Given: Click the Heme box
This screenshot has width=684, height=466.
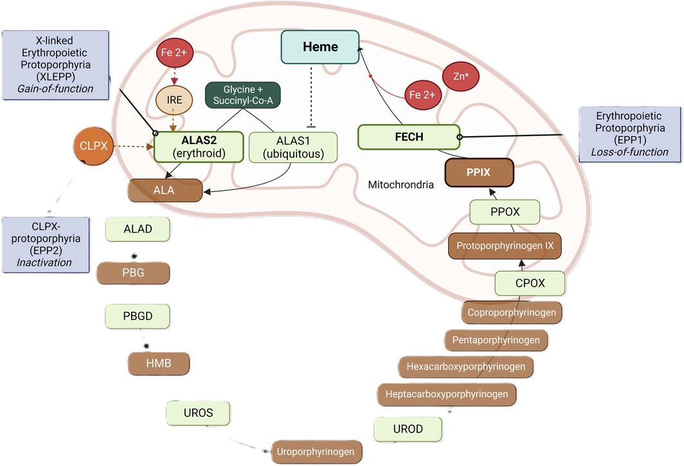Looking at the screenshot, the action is click(x=320, y=47).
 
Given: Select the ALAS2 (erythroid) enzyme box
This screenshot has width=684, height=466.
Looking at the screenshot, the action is click(x=199, y=147).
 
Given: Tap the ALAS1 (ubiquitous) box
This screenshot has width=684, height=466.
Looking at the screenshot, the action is click(x=293, y=147).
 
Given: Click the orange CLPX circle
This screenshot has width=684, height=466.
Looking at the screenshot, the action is click(x=93, y=146).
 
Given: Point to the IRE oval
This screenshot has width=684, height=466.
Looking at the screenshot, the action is click(x=174, y=100).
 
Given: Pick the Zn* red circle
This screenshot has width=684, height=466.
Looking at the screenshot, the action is click(x=461, y=76).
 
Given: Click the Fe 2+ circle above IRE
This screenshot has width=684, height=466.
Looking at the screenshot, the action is click(x=174, y=52).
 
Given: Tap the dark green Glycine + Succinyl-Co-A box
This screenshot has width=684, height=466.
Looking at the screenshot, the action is click(x=243, y=95).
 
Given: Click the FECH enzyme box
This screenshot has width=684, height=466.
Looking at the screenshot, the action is click(x=409, y=137).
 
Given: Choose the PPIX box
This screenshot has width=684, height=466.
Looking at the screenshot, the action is click(x=479, y=172).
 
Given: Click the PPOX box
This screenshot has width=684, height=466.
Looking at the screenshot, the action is click(x=505, y=212).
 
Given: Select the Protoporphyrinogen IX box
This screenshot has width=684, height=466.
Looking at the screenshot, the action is click(x=505, y=246).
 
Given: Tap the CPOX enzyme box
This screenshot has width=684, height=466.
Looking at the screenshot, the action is click(x=530, y=283).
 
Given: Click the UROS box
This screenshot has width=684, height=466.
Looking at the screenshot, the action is click(x=198, y=413).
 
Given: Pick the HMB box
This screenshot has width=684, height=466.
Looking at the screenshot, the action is click(x=159, y=363).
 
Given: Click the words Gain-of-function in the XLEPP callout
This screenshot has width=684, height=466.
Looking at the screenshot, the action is click(x=55, y=89).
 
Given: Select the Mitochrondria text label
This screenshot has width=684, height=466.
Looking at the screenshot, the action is click(x=401, y=184).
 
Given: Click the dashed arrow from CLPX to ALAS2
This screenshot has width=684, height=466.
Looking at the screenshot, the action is click(x=134, y=147).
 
